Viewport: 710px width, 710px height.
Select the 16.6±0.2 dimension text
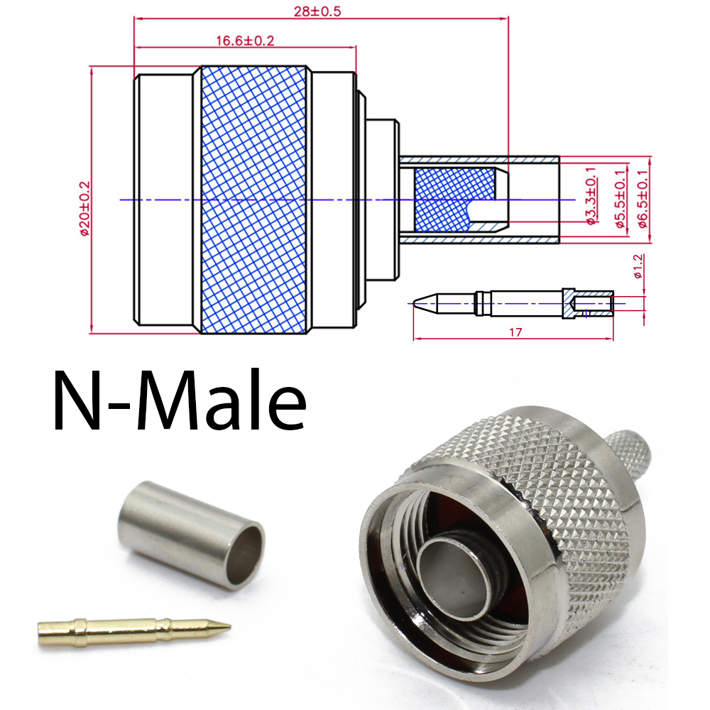tap(245, 41)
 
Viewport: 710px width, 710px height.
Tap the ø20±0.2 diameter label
tap(84, 207)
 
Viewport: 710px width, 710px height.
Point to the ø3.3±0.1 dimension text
tap(591, 197)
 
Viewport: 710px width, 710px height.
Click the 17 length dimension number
tap(515, 332)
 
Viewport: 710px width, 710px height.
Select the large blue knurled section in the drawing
tap(254, 200)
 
